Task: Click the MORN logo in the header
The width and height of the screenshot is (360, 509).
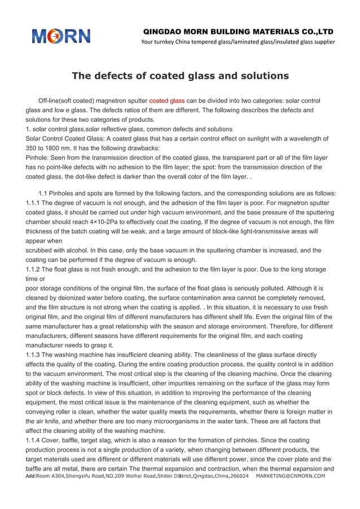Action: click(x=60, y=37)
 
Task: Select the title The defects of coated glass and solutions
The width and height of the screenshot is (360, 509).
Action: click(x=180, y=76)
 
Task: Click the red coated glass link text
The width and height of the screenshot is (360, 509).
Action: click(x=166, y=101)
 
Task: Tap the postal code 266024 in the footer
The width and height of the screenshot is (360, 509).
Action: click(x=237, y=476)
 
